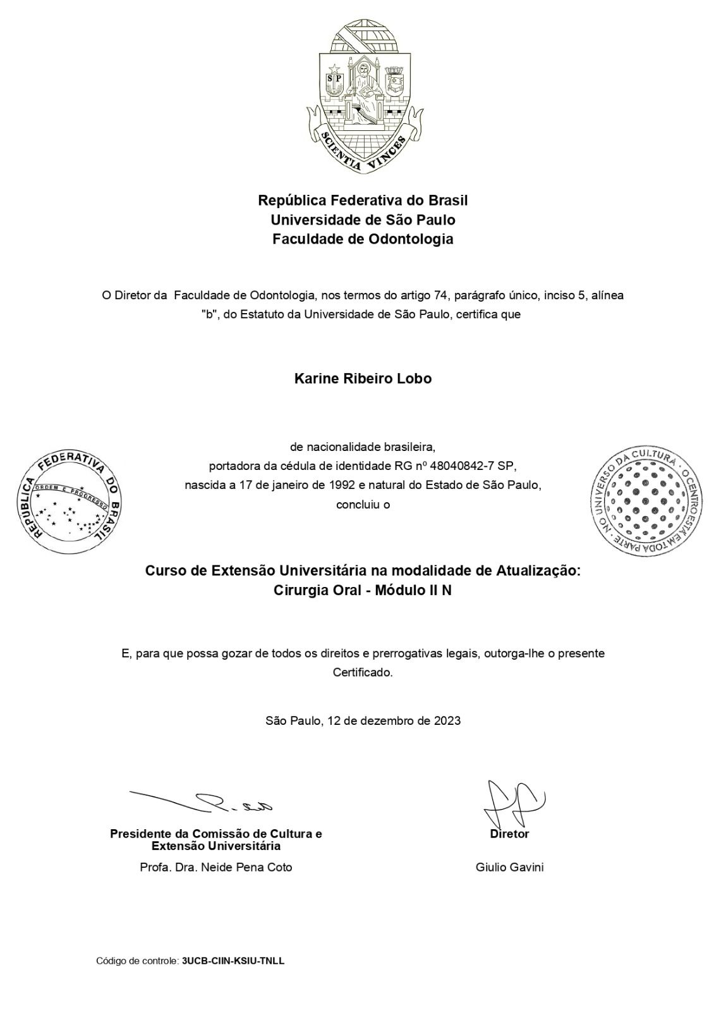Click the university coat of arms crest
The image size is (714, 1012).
[x=363, y=95]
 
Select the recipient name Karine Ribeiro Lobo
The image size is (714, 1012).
[x=363, y=379]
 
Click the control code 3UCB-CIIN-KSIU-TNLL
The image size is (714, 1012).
[x=233, y=961]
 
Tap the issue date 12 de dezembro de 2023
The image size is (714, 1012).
[x=394, y=720]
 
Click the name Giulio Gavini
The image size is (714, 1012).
[x=509, y=867]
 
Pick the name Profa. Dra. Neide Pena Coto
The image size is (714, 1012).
[x=216, y=867]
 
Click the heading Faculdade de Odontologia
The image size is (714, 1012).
[x=363, y=240]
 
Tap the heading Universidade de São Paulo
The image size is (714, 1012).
[x=363, y=220]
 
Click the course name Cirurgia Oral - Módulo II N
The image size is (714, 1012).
[x=363, y=591]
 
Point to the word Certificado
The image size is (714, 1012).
[x=363, y=672]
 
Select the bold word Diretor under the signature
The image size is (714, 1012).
[x=509, y=834]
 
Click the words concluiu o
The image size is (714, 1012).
[x=363, y=505]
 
